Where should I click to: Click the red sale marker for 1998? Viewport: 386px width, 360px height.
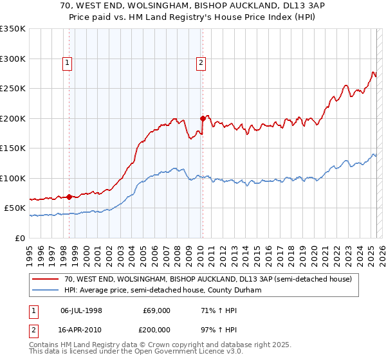(x=69, y=197)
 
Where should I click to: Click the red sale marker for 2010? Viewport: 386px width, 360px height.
(x=203, y=118)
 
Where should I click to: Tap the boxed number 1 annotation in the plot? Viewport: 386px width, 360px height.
(x=68, y=62)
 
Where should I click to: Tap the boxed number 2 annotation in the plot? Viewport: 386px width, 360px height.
(x=201, y=62)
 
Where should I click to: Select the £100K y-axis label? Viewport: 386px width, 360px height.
(x=13, y=178)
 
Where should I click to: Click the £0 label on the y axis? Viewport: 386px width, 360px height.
(x=19, y=238)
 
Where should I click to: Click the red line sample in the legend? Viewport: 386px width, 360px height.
(x=46, y=280)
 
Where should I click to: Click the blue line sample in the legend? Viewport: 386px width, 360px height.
(x=46, y=291)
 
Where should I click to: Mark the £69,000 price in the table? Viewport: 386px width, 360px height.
(x=156, y=310)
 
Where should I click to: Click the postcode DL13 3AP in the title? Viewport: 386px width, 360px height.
(x=292, y=6)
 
